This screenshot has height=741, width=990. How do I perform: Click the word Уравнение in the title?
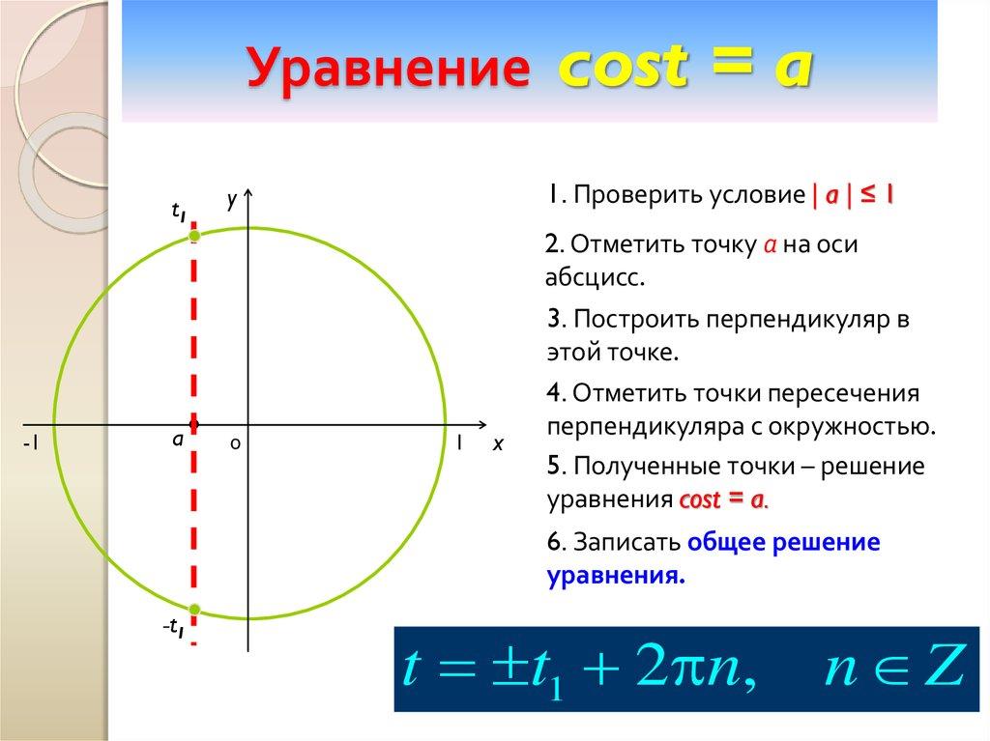(387, 71)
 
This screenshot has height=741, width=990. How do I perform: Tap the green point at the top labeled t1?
(194, 236)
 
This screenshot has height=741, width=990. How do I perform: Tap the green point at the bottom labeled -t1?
(194, 609)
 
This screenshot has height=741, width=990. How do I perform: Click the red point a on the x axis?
(194, 424)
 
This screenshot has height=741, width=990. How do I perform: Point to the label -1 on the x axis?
(32, 444)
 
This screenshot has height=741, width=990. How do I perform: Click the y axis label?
(232, 199)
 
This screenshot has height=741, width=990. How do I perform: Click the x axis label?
(498, 444)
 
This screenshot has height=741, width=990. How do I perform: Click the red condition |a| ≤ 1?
(852, 195)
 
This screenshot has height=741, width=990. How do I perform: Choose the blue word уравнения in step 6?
(615, 576)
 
